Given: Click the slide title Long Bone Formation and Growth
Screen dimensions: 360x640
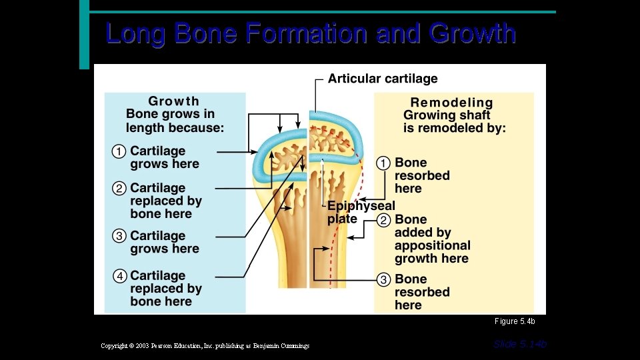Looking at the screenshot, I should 311,33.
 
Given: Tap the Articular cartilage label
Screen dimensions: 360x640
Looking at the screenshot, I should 382,79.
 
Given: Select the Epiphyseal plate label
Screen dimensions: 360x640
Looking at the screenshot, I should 360,212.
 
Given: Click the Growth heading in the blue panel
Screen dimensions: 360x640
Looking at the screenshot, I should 173,101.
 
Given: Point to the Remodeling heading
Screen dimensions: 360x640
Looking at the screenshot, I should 451,103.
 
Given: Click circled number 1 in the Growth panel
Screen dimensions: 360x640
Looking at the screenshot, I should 119,152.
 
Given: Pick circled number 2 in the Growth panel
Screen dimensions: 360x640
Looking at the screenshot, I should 119,189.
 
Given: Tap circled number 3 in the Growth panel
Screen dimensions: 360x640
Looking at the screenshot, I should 119,236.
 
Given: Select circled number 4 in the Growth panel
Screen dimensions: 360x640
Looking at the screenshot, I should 119,276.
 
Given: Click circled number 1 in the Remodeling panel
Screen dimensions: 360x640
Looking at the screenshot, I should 383,163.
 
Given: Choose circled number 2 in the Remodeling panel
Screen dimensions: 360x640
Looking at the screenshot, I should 383,220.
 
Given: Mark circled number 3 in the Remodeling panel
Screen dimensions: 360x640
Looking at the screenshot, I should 383,280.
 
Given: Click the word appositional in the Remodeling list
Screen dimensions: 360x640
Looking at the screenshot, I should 432,246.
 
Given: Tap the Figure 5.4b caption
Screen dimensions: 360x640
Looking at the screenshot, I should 515,322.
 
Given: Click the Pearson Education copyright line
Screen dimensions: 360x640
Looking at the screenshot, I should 205,346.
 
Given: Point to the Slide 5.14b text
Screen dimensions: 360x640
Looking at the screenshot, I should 520,344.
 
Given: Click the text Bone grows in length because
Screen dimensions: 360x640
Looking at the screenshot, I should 175,121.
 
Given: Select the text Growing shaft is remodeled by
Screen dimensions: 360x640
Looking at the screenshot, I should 454,122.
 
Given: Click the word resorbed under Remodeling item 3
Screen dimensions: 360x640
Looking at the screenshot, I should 422,293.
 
